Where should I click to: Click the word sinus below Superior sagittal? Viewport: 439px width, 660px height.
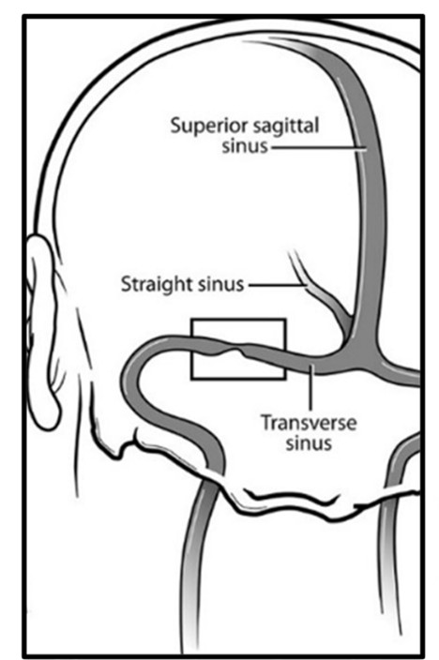tap(245, 146)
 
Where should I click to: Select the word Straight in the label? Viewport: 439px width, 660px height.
tap(152, 284)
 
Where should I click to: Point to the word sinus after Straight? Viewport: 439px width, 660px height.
tap(216, 284)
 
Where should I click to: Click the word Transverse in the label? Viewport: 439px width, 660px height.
tap(309, 423)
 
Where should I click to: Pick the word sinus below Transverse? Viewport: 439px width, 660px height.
tap(309, 443)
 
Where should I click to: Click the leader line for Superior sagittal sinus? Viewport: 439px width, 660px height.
tap(319, 147)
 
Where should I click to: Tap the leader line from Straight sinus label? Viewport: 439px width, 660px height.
tap(277, 285)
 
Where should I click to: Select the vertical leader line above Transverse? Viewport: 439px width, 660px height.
tap(310, 388)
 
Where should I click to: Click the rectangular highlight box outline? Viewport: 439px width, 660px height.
tap(238, 320)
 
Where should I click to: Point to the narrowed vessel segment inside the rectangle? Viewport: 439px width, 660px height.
tap(236, 351)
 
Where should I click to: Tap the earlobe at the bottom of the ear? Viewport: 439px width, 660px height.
tap(47, 414)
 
